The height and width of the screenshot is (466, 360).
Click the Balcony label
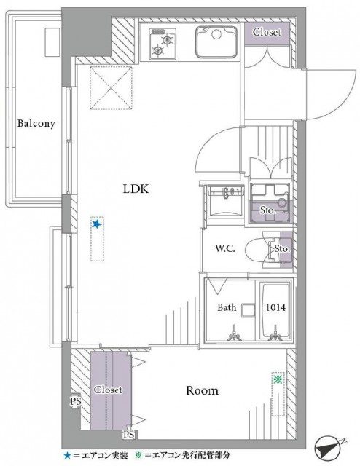[x=36, y=123]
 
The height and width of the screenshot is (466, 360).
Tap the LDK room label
[x=136, y=189]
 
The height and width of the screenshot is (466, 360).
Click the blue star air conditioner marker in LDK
[x=96, y=224]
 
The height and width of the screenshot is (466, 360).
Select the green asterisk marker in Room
[x=278, y=379]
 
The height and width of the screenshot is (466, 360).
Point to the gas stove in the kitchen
[x=163, y=43]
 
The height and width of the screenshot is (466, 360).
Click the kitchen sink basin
[x=216, y=42]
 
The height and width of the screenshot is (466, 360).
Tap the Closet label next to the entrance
[x=267, y=32]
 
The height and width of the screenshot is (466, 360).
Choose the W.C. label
[x=225, y=248]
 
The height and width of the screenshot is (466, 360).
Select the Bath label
[x=227, y=307]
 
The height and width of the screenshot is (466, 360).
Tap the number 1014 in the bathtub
[x=275, y=307]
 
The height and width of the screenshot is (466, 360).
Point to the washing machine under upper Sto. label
[x=270, y=203]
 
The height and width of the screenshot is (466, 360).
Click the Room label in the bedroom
[x=203, y=390]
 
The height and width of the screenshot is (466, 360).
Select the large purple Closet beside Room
[x=111, y=390]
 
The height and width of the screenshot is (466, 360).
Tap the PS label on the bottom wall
[x=129, y=435]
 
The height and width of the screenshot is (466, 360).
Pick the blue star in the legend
[x=68, y=455]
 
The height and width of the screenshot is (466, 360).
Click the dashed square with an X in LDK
[x=111, y=87]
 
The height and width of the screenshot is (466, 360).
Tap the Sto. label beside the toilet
[x=282, y=248]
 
